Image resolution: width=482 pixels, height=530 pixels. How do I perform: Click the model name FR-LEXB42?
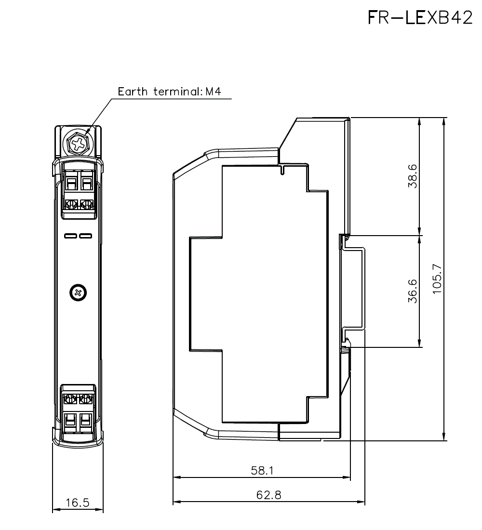tap(420, 18)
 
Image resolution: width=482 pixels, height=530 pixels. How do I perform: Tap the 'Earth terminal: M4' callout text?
tap(170, 92)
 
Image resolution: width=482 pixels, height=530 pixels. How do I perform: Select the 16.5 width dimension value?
tap(78, 503)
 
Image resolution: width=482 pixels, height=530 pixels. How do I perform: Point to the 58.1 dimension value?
tap(262, 471)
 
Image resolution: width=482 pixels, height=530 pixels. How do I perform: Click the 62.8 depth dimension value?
tap(269, 495)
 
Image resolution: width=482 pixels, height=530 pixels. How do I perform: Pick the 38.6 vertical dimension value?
tap(412, 176)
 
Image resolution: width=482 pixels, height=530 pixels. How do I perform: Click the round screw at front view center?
tap(78, 292)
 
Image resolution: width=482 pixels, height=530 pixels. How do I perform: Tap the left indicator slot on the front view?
tap(70, 236)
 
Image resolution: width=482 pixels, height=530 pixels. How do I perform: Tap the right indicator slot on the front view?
tap(85, 236)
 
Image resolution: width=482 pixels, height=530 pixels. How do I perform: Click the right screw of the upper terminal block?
tap(86, 204)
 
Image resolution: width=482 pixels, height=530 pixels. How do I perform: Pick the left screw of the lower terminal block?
tap(70, 398)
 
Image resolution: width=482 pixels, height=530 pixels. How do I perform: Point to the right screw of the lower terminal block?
tap(86, 398)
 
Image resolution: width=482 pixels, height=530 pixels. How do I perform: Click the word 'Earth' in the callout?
tap(133, 92)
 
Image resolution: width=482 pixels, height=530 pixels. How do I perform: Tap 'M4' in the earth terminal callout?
tap(213, 92)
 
